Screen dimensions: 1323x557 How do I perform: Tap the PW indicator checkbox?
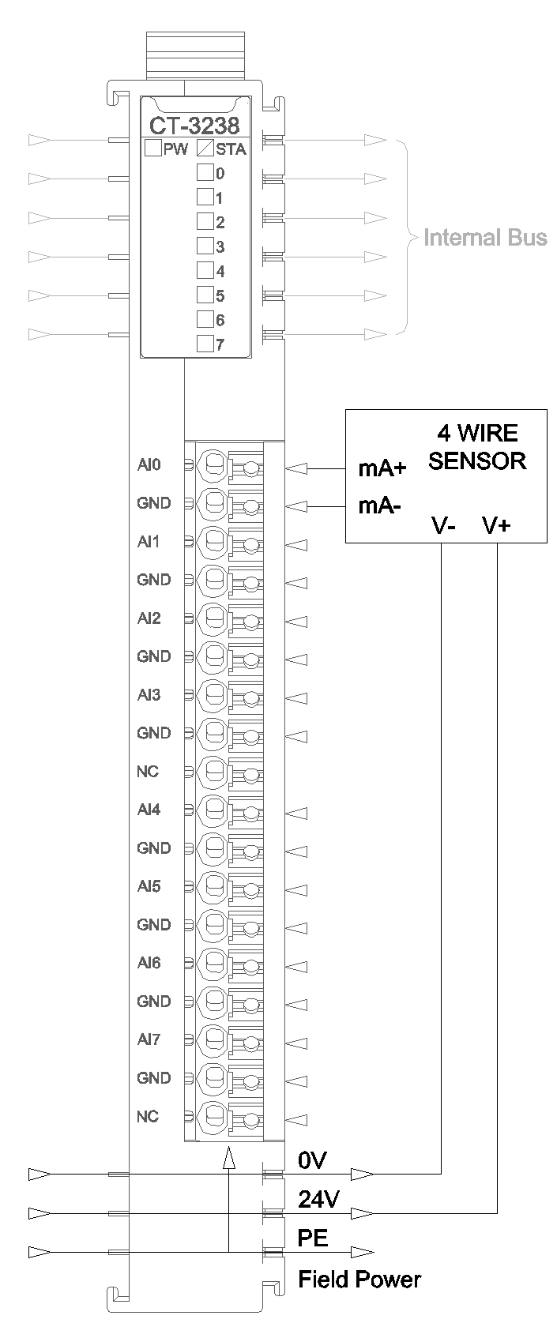click(x=152, y=148)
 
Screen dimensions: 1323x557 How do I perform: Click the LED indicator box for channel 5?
click(x=205, y=295)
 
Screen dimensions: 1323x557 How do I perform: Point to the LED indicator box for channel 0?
click(x=205, y=172)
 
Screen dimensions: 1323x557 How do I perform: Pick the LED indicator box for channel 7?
click(x=205, y=344)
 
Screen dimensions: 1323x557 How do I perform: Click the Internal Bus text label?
click(x=485, y=238)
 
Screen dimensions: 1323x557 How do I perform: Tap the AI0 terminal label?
click(x=149, y=465)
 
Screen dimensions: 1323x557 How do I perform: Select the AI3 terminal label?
click(x=149, y=695)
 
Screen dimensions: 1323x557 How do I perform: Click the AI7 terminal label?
click(x=149, y=1039)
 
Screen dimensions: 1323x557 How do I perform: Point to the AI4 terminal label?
click(x=149, y=810)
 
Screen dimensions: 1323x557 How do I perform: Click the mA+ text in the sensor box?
click(x=382, y=468)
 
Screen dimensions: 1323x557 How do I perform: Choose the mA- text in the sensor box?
click(x=380, y=506)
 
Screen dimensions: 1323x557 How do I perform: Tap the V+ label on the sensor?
click(x=496, y=525)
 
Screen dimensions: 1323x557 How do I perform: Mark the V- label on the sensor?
click(x=443, y=525)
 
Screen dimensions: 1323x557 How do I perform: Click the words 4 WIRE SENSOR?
click(x=477, y=446)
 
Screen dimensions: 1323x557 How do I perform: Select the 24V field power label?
click(x=318, y=1200)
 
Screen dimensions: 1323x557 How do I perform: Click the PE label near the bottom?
click(x=313, y=1238)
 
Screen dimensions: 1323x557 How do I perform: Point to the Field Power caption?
click(x=359, y=1280)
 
